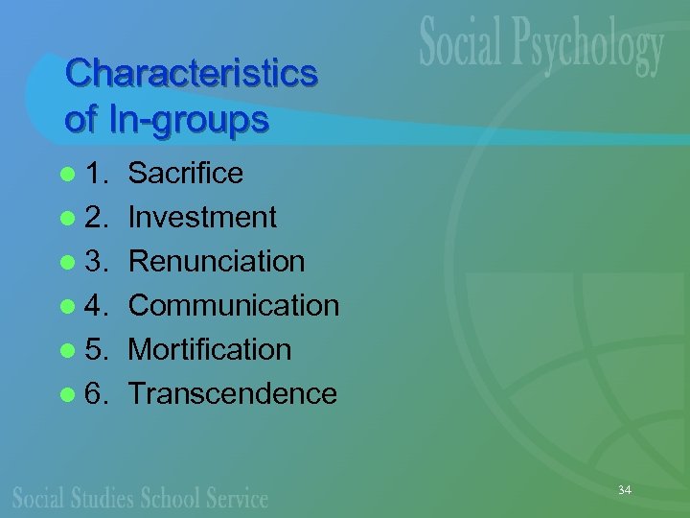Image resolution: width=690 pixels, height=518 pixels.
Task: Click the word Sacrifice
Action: [185, 173]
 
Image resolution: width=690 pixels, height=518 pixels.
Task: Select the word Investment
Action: [202, 217]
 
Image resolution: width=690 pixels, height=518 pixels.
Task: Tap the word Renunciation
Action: [217, 261]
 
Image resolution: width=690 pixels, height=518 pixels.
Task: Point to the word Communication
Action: [234, 305]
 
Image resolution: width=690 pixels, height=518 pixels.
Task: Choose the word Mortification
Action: [209, 349]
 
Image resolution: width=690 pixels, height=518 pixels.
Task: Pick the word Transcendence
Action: [232, 393]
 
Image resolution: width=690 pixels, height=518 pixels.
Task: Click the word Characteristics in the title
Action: [191, 74]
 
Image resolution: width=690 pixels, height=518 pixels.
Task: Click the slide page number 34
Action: [624, 490]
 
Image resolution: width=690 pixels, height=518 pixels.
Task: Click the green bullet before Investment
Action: [65, 218]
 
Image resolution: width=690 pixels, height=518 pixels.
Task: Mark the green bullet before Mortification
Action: [65, 350]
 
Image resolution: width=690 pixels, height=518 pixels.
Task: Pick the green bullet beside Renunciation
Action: [65, 262]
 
